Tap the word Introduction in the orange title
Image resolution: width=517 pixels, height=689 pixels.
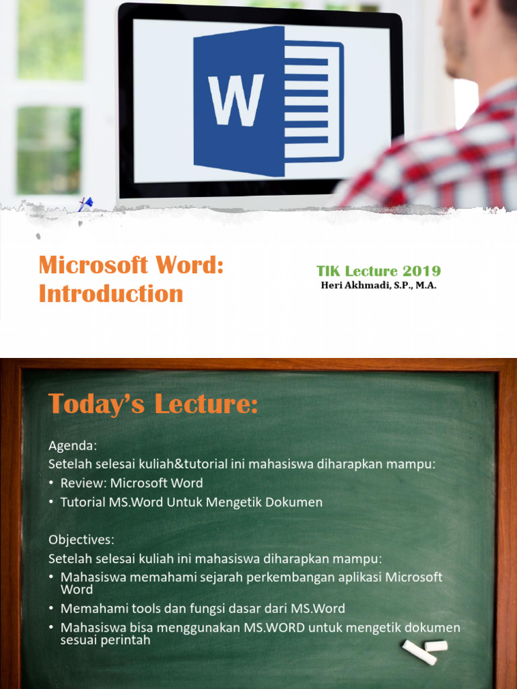[x=111, y=293]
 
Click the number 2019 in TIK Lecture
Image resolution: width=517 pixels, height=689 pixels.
[x=421, y=271]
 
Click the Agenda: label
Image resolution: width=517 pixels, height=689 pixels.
[x=73, y=445]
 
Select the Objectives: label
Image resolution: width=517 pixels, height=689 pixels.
[x=81, y=540]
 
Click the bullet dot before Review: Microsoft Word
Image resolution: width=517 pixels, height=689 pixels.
[x=53, y=483]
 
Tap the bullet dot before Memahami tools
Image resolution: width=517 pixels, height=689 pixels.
[x=53, y=609]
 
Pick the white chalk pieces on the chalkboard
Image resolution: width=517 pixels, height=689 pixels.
[x=424, y=650]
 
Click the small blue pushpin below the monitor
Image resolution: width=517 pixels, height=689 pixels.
[x=85, y=203]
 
